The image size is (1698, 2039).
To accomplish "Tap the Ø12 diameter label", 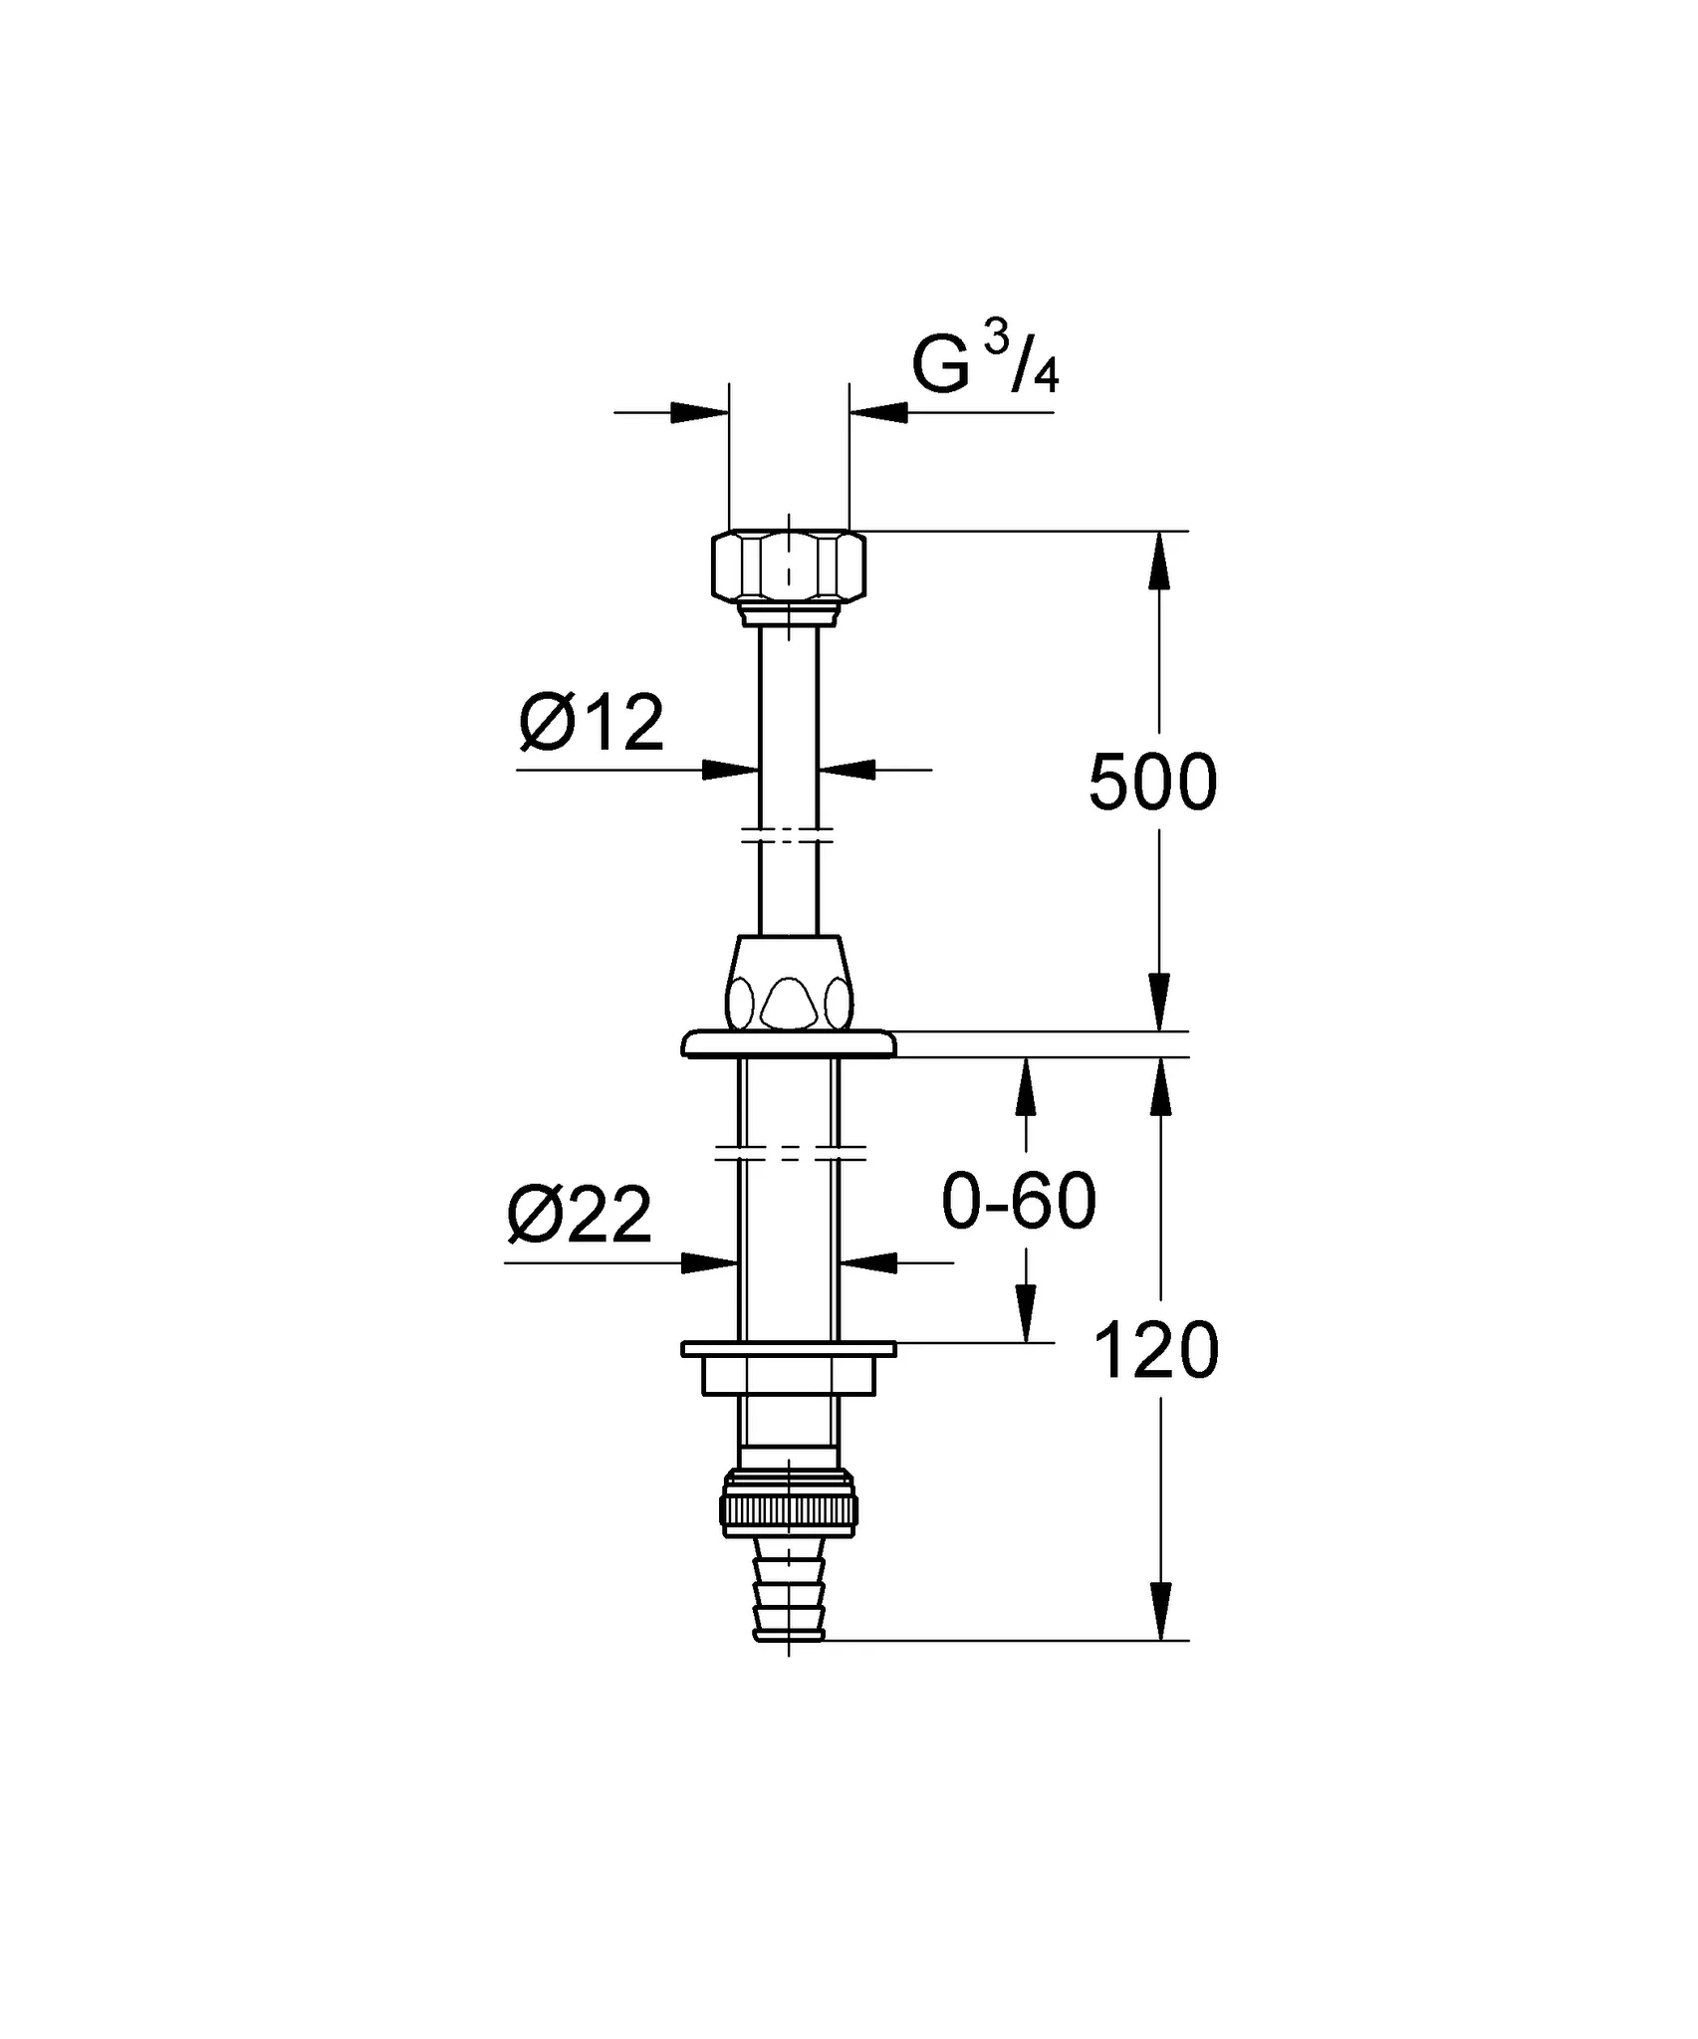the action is point(592,724).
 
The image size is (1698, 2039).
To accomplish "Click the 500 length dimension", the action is point(1153,783).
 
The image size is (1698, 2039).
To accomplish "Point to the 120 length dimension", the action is point(1156,1351).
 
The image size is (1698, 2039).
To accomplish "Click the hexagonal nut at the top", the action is point(789,565).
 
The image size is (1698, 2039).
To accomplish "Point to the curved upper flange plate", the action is point(789,1043).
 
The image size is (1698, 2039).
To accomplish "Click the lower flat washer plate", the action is point(789,1349).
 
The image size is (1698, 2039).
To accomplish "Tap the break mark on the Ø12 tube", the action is point(789,834).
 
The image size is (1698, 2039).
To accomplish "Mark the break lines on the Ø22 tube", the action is point(789,1152).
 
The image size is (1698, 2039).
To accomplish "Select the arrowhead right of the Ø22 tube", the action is point(868,1262).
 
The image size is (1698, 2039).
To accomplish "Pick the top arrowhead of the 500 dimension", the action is point(1158,561).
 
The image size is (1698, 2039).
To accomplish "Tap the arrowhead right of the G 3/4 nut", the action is point(878,412).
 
